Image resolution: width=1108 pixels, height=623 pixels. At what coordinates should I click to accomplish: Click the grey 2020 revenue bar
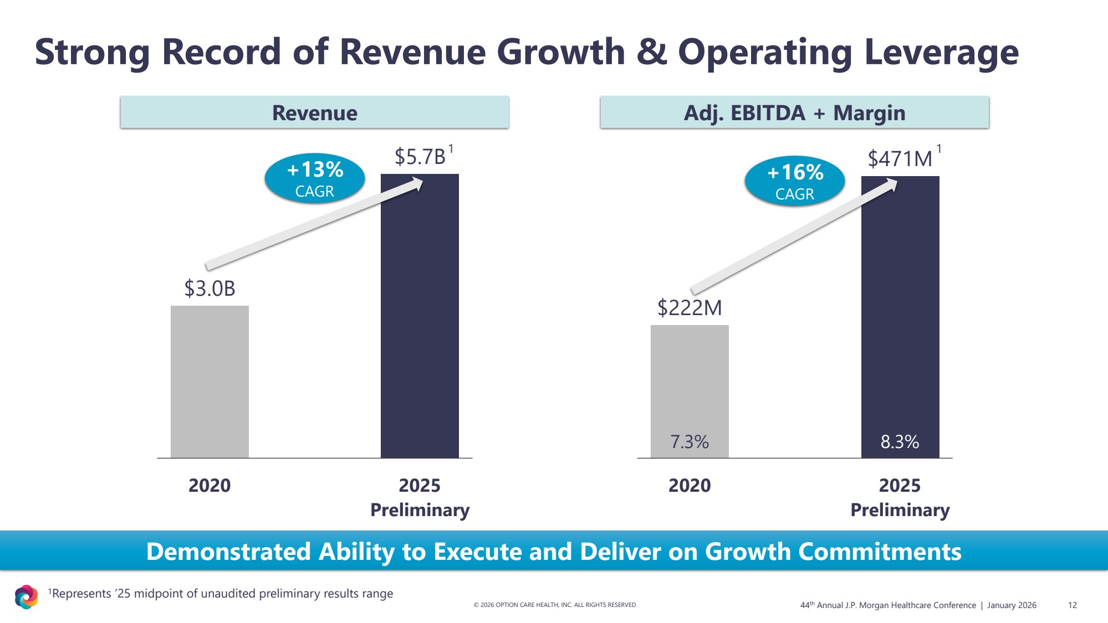[210, 382]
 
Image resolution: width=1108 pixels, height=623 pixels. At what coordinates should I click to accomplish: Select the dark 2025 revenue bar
[420, 316]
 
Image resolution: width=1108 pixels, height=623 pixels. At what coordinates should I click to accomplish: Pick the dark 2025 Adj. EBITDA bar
[900, 310]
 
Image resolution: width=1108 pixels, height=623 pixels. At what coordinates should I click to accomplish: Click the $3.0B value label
[210, 289]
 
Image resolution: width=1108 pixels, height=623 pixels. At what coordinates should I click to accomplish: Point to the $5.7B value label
[420, 157]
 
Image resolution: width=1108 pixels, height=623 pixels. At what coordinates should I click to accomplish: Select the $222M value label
[690, 308]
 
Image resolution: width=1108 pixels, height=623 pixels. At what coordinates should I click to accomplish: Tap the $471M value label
[900, 159]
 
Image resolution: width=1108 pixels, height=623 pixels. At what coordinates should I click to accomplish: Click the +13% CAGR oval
[315, 178]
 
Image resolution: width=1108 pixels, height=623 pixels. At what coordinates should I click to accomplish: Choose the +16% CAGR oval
[795, 181]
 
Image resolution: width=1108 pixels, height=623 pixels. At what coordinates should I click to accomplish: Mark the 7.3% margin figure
[690, 442]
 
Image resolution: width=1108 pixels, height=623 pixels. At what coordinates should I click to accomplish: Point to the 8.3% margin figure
[900, 442]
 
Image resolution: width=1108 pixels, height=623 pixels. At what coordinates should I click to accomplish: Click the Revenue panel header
[315, 112]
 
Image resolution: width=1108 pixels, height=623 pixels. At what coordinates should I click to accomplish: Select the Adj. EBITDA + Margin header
[794, 112]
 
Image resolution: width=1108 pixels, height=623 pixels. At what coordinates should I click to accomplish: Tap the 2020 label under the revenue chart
[210, 486]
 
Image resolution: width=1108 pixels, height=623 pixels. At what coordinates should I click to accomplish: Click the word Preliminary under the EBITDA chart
[900, 510]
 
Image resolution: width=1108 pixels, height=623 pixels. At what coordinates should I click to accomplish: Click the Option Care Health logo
[26, 597]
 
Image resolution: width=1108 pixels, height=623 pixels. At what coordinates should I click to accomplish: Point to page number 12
[1072, 605]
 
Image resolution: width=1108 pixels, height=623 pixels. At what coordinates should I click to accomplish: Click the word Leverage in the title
[941, 52]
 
